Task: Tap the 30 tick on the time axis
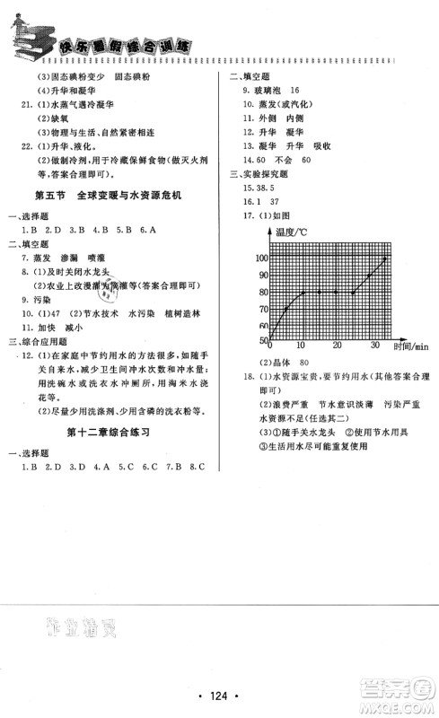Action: click(x=373, y=347)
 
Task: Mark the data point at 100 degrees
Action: click(x=386, y=258)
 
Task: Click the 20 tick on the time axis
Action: click(x=337, y=347)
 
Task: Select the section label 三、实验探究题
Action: click(x=260, y=174)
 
